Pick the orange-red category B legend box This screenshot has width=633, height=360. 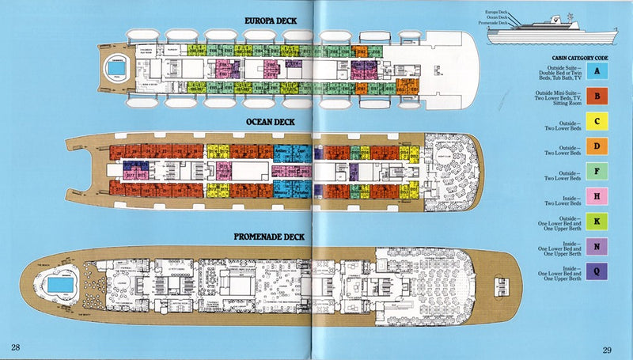[600, 98]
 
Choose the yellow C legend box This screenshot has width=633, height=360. [600, 123]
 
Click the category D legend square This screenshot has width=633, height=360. [600, 147]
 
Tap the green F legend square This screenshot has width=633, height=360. [600, 172]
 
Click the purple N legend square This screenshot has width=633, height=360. [600, 247]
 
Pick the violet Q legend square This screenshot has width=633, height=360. [600, 272]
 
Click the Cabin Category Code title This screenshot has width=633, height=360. [584, 58]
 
